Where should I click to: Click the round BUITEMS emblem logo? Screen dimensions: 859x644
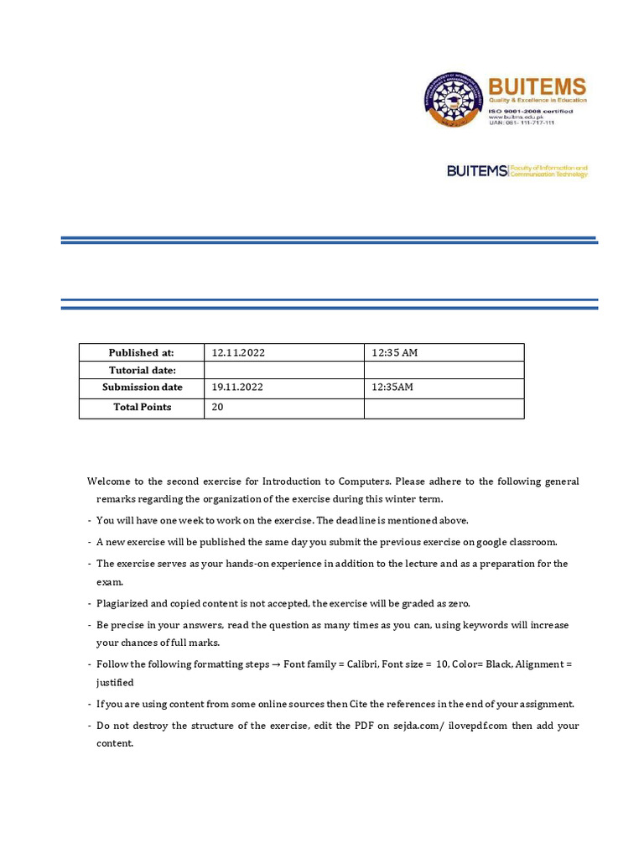(454, 99)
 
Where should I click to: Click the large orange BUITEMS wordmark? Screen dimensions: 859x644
(537, 86)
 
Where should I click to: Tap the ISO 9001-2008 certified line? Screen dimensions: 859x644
(531, 109)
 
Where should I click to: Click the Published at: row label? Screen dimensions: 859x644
(141, 353)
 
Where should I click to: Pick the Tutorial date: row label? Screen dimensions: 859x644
(142, 371)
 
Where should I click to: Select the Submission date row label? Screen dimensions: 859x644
(142, 388)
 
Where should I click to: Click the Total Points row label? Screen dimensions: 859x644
(142, 408)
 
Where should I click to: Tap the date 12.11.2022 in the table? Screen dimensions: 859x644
(238, 353)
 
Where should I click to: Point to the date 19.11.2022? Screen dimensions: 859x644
(238, 388)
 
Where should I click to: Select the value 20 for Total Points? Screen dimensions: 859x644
(218, 408)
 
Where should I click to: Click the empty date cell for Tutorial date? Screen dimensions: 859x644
(283, 371)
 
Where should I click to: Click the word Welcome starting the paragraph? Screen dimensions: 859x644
(109, 482)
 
